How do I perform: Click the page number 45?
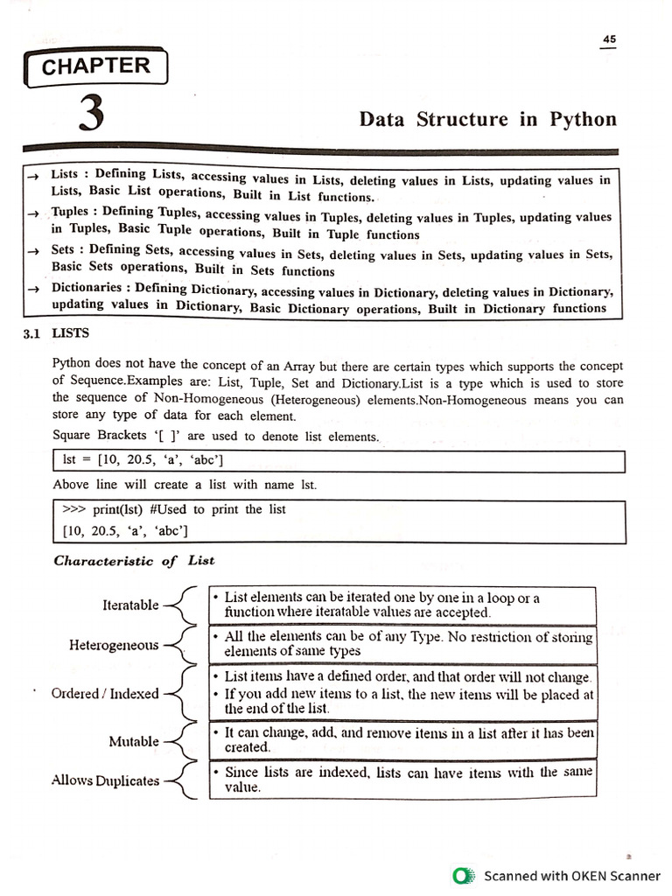(609, 38)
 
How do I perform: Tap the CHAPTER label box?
(96, 66)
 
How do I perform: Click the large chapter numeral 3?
(91, 115)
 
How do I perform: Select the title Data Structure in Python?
(487, 119)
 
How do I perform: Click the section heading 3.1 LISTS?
(57, 333)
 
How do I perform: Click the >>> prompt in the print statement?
(75, 509)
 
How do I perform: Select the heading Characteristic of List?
(134, 560)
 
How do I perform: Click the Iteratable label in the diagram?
(131, 605)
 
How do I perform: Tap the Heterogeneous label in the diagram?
(114, 645)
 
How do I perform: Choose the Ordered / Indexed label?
(105, 693)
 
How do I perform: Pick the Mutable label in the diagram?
(134, 741)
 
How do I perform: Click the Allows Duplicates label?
(106, 780)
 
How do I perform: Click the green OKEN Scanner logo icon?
(461, 875)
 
